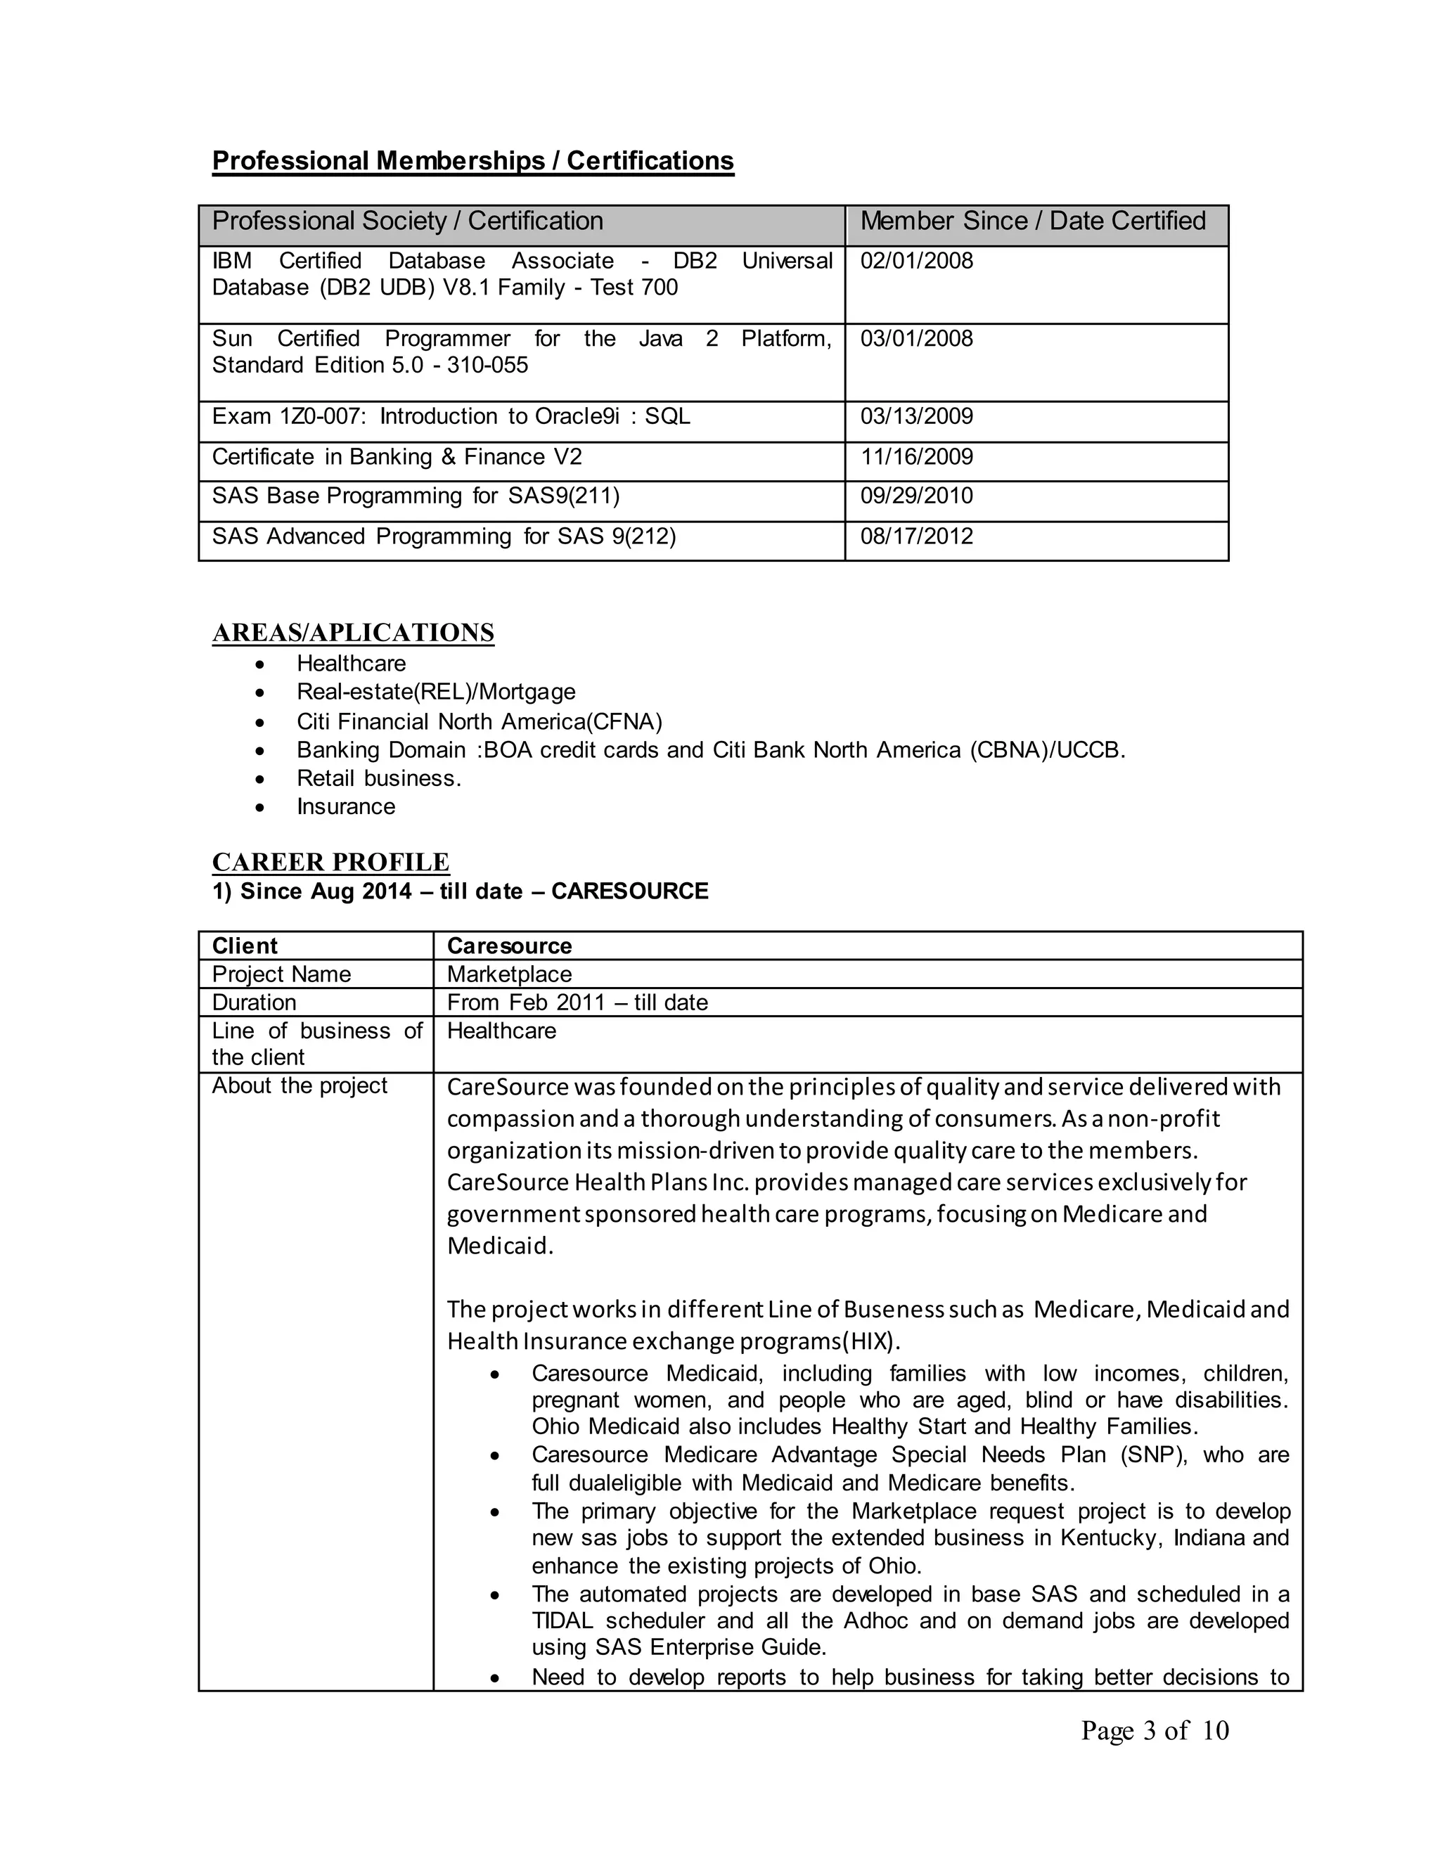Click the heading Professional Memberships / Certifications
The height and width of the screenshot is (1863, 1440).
(x=472, y=161)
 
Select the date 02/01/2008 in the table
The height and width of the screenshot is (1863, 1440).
(x=916, y=261)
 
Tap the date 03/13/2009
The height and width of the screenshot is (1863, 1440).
(x=916, y=416)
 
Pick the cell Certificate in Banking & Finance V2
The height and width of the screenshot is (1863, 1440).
(x=397, y=457)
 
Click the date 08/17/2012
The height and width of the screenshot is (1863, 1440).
(x=916, y=536)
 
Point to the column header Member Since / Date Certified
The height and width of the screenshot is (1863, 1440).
(x=1032, y=221)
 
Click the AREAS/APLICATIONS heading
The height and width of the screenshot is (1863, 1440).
(x=353, y=633)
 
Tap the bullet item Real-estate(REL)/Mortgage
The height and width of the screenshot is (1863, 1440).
(x=436, y=692)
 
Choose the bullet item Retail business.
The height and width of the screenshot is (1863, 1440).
(x=379, y=779)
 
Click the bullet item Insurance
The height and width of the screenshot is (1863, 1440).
(x=345, y=807)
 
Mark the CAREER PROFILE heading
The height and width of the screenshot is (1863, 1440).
(x=331, y=863)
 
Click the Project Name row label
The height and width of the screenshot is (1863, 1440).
(x=281, y=974)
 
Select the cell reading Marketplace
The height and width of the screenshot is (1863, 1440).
(x=509, y=974)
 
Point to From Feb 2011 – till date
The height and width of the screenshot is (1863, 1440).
(x=577, y=1003)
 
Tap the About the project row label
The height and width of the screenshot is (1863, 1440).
(x=300, y=1086)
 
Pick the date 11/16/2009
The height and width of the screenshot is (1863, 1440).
(x=916, y=457)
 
